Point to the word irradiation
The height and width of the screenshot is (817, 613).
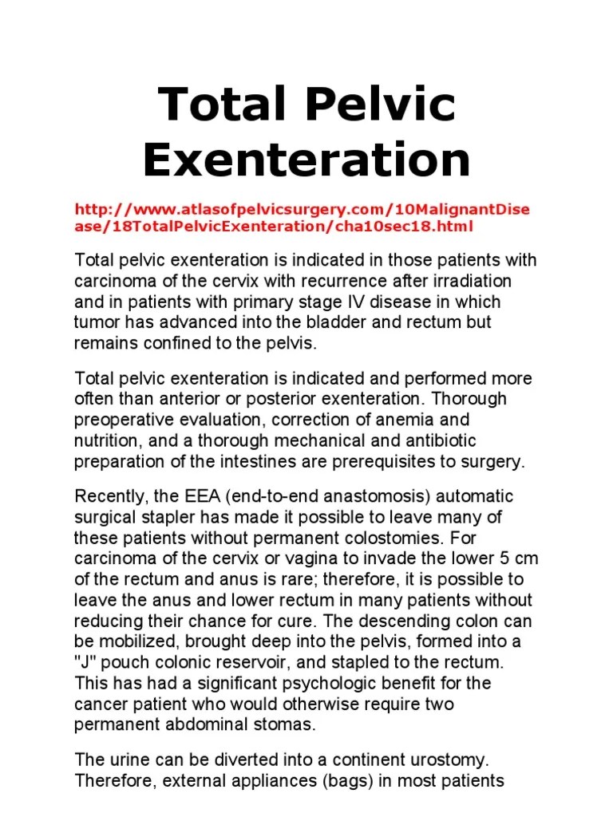point(474,282)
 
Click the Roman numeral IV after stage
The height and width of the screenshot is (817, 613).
point(319,302)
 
